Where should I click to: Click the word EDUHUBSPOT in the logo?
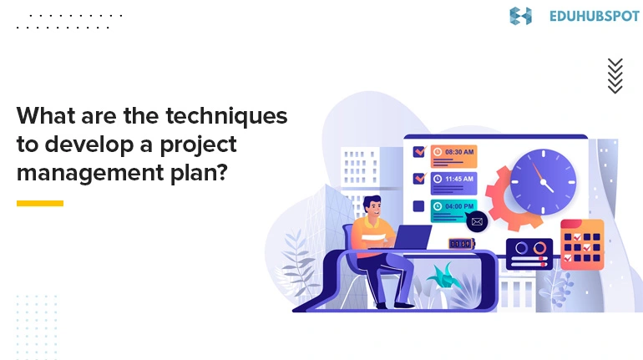[595, 15]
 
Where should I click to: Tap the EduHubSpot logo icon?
[520, 15]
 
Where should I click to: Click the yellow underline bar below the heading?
[40, 203]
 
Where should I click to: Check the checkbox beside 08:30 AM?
[419, 152]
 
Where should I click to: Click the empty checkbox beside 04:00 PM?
[419, 205]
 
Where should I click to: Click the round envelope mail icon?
[477, 221]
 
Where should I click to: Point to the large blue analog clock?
[544, 180]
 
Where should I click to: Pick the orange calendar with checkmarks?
[582, 242]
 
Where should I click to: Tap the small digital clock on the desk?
[461, 244]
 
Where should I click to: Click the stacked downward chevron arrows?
[615, 76]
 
